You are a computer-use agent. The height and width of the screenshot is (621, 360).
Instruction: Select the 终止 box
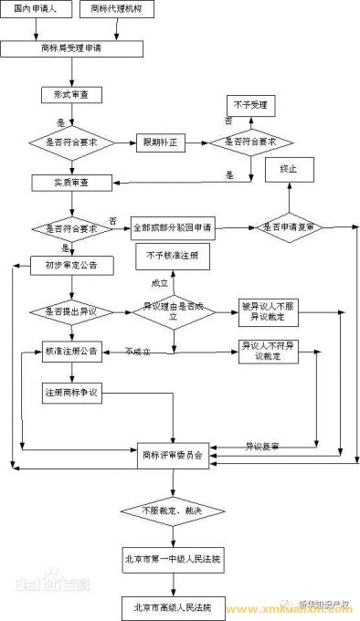click(x=289, y=170)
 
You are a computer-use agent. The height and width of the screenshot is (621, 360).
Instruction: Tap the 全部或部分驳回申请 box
click(x=176, y=225)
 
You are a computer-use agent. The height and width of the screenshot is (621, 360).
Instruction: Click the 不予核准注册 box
click(x=171, y=258)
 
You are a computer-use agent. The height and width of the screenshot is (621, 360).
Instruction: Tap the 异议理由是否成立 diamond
click(x=174, y=311)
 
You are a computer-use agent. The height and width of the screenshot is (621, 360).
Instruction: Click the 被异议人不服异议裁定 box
click(x=268, y=311)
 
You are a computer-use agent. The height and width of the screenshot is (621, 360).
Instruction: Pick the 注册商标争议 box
click(x=71, y=392)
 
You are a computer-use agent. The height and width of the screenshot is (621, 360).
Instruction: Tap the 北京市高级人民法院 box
click(x=174, y=606)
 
